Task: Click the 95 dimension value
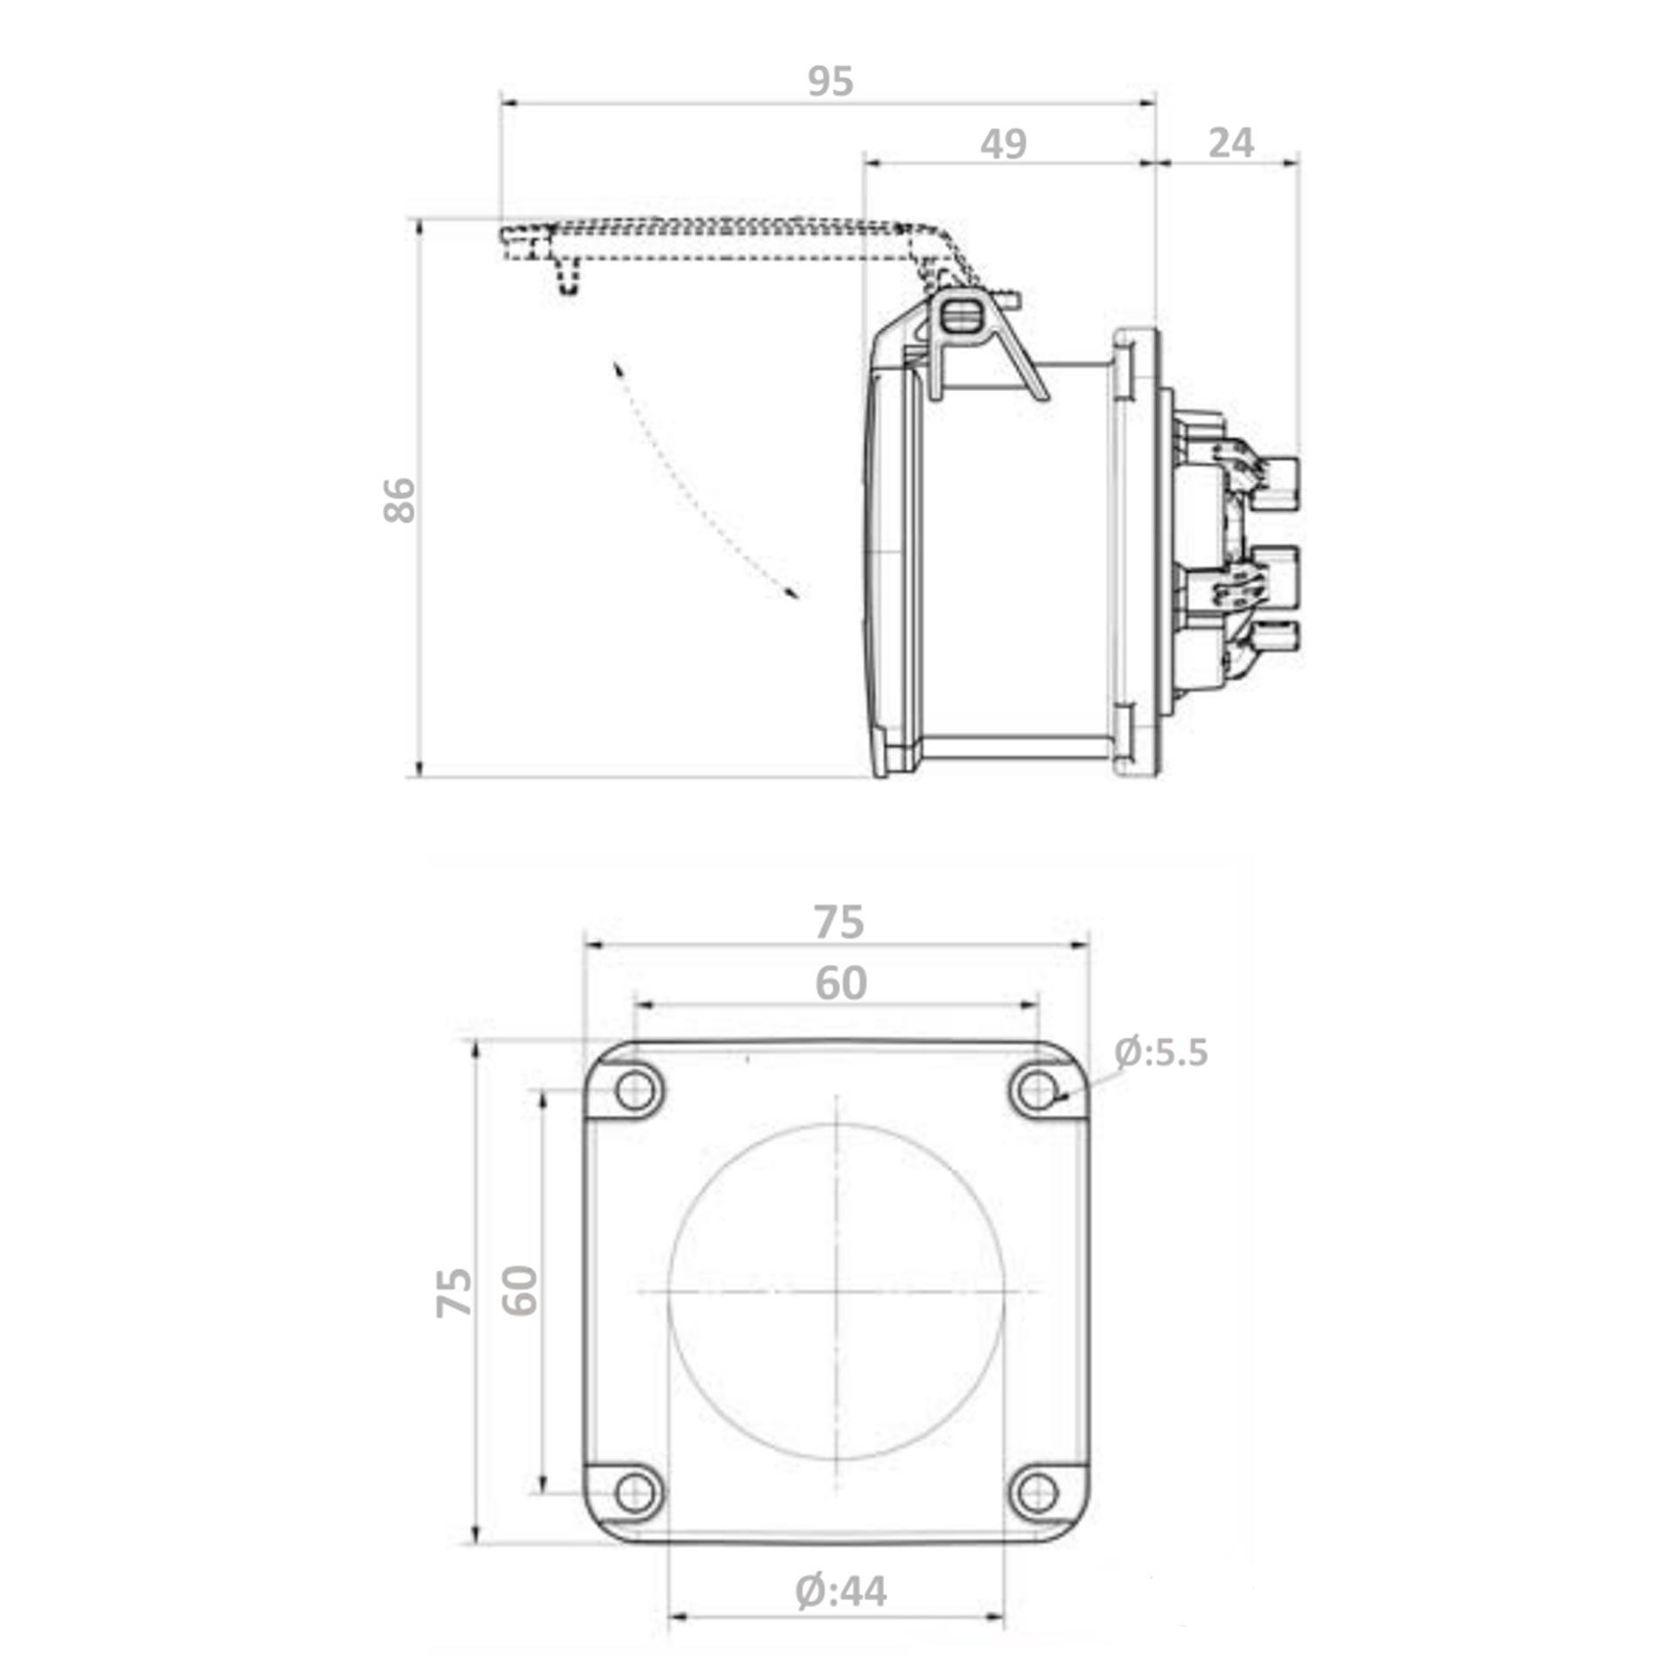830,81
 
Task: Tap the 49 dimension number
1003,143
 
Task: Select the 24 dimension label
1231,142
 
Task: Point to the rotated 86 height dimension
400,500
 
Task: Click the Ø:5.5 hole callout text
1162,1052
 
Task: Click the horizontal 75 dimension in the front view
838,922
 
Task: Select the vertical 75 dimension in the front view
454,1293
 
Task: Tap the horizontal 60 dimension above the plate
840,983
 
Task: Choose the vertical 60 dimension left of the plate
520,1291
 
